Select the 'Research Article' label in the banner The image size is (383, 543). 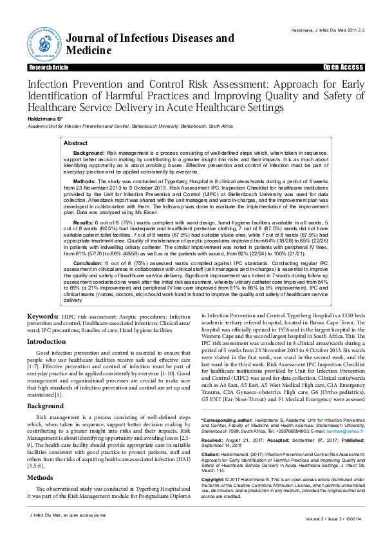tap(48, 67)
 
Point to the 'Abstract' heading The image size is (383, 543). tap(75, 143)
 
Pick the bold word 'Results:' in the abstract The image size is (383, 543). tap(83, 221)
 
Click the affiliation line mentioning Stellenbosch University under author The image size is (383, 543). tap(125, 126)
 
